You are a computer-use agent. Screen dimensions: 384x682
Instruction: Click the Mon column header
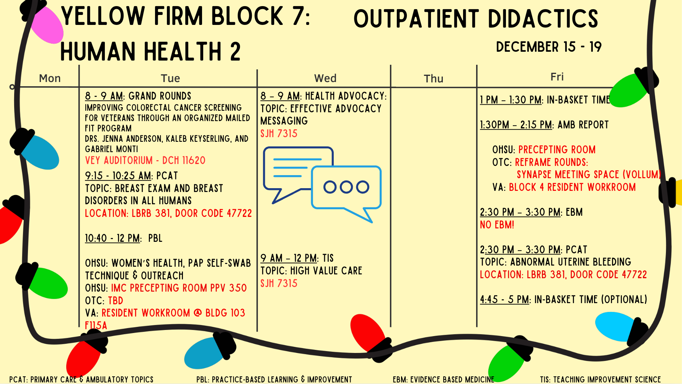point(50,78)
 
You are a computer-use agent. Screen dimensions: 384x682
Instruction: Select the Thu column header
point(433,79)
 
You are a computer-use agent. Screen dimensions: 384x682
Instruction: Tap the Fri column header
point(557,77)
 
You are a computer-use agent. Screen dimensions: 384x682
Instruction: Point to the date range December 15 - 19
point(548,47)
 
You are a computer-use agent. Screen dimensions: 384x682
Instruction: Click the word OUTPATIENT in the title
point(416,19)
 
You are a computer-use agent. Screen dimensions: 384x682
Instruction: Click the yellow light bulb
point(678,192)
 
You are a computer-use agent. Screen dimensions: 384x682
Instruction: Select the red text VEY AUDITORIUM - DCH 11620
point(145,160)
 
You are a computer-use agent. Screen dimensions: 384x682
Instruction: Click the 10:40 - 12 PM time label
point(112,238)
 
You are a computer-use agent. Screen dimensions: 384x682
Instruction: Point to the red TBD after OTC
point(116,301)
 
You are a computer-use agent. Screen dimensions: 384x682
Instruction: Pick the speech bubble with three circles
point(346,190)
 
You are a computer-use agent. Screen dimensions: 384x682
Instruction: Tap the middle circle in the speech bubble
point(346,187)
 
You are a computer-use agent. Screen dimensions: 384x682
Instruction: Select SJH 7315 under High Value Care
point(279,284)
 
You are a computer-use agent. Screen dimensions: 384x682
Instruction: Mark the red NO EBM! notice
point(497,225)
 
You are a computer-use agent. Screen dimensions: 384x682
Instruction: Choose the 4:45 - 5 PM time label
point(504,300)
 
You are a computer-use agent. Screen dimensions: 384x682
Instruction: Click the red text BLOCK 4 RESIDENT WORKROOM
point(572,187)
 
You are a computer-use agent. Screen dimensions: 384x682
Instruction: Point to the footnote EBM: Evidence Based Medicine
point(443,379)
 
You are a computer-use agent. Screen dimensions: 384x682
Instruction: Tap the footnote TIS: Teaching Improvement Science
point(600,379)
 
